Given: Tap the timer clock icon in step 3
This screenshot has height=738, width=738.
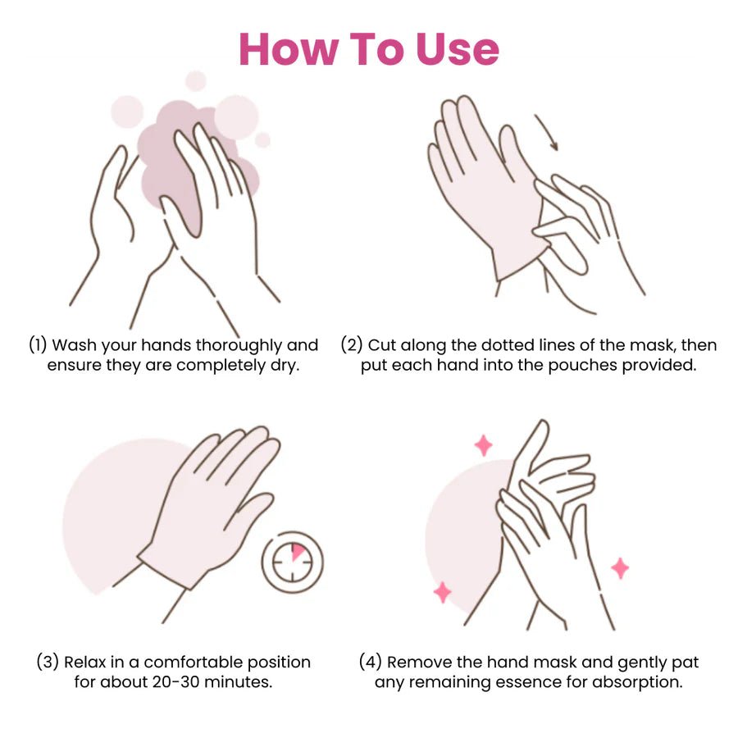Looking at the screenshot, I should pos(293,563).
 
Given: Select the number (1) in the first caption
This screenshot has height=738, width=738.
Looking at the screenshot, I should pos(39,344).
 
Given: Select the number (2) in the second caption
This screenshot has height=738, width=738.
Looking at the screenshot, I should pos(352,344).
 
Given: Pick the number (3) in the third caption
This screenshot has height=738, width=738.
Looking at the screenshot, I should pos(48,661).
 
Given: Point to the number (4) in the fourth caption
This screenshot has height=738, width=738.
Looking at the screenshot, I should pos(371,661).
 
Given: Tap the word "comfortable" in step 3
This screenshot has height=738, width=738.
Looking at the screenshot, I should pos(193,661).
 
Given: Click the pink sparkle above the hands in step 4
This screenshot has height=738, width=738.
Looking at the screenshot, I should pos(484,445).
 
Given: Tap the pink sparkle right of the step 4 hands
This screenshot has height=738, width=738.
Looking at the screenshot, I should pos(620,567).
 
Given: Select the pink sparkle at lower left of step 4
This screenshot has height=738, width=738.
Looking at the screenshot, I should pos(442,592).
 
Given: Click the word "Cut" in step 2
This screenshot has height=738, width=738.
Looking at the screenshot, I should pos(380,344).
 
